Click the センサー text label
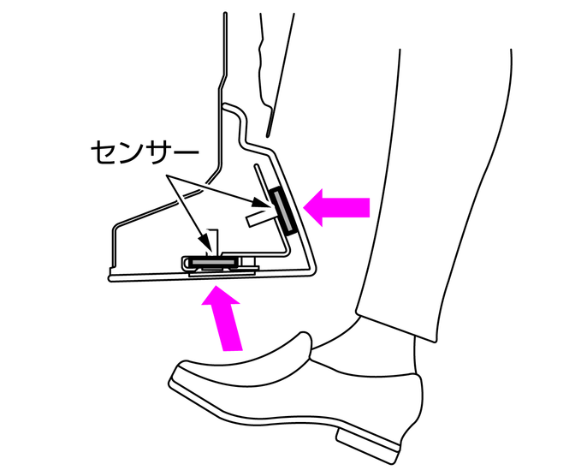pos(144,152)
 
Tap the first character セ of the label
pos(104,152)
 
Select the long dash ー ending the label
pos(185,152)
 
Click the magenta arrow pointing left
pos(336,207)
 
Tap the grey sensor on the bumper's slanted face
pos(283,211)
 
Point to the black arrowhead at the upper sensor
pos(261,202)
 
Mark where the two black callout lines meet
pos(167,176)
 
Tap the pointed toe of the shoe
pos(171,380)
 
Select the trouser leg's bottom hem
pos(395,326)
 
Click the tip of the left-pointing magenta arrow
pos(303,207)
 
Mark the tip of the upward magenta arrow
pos(216,286)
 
